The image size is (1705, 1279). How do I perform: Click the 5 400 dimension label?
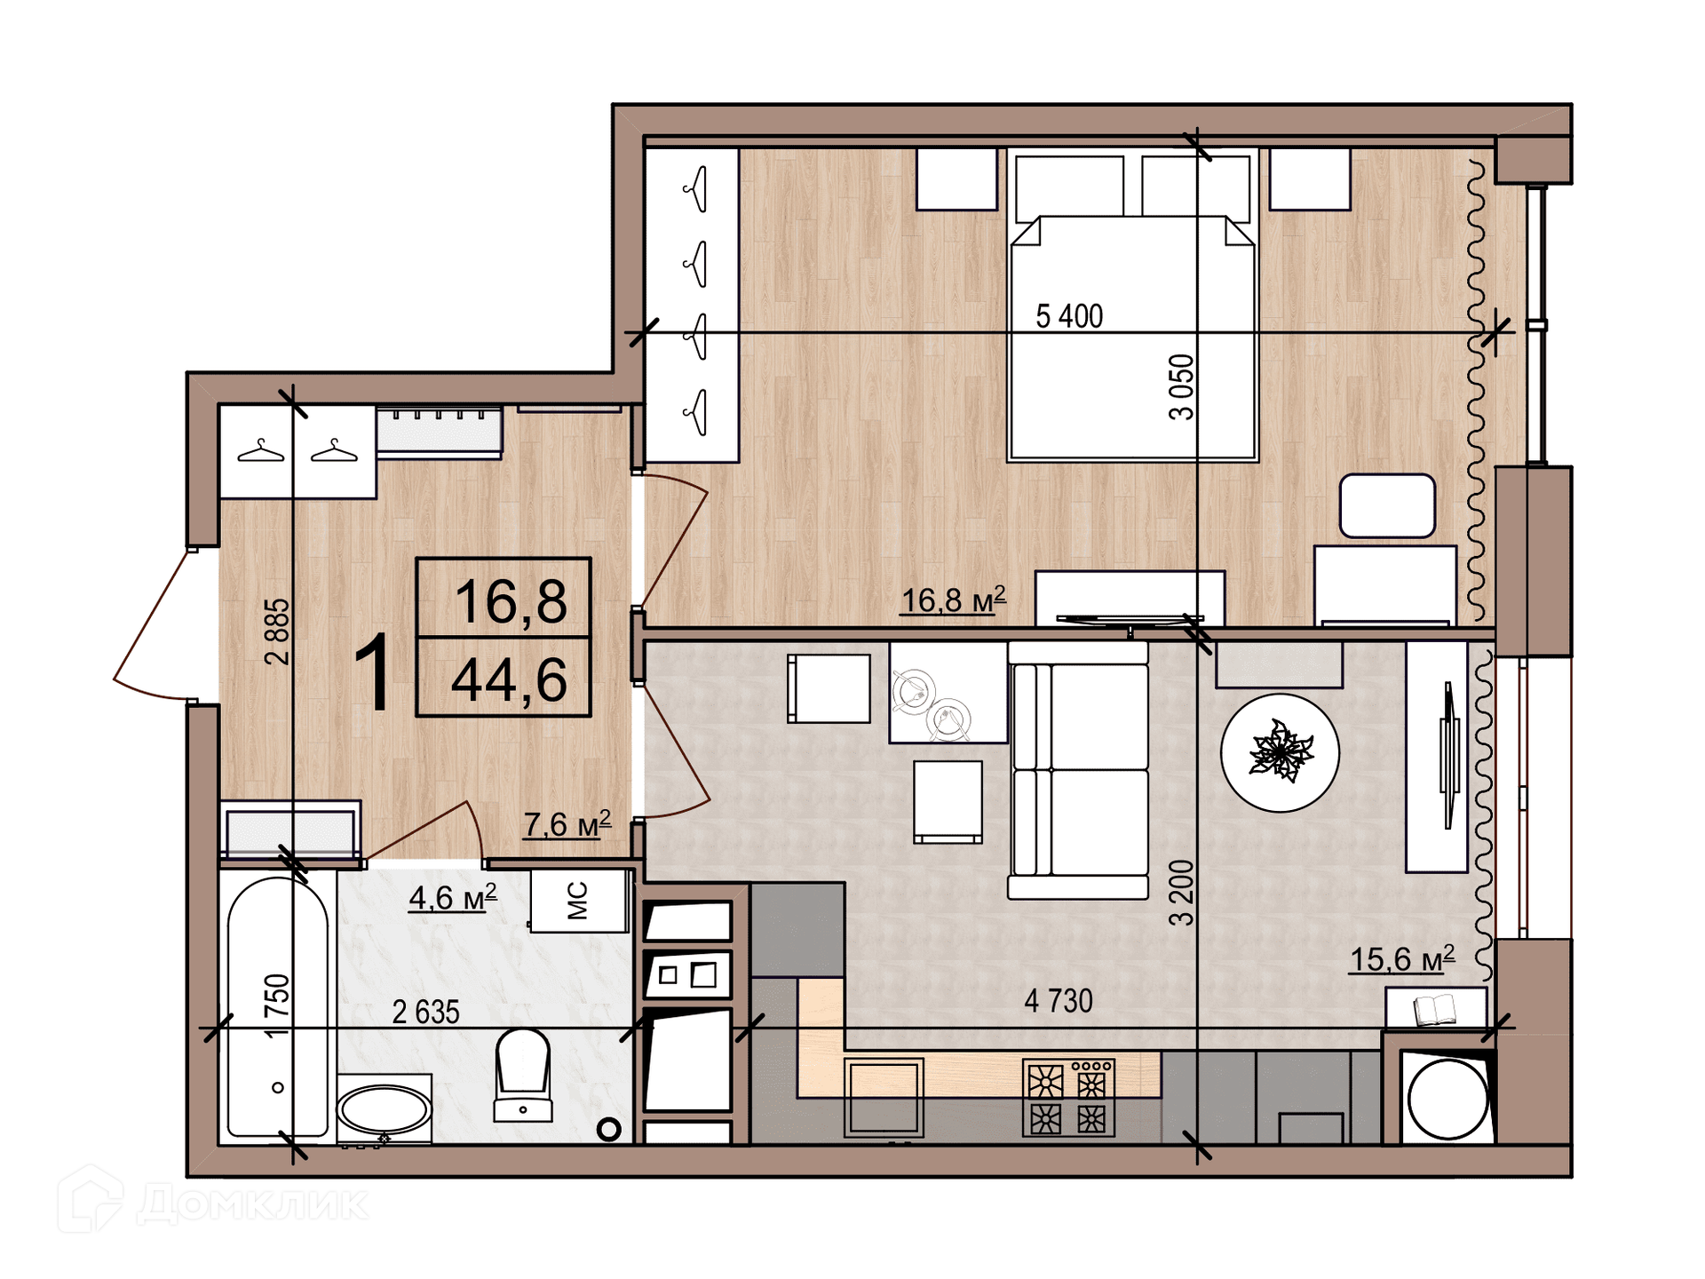coord(1069,315)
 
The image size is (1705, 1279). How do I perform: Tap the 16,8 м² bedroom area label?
coord(954,600)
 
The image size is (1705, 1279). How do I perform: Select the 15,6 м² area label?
coord(1402,958)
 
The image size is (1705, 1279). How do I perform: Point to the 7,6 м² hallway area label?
coord(567,823)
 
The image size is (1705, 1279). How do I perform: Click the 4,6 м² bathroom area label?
coord(452,897)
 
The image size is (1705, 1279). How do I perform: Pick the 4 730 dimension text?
coord(1058,1001)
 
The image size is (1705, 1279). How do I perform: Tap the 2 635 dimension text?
coord(425,1012)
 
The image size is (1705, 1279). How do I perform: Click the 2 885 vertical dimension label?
coord(277,632)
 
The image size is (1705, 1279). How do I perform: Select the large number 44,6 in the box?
coord(509,679)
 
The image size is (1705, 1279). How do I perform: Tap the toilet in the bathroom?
coord(523,1075)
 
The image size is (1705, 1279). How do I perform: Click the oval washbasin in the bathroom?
coord(385,1109)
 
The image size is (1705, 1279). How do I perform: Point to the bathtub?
coord(277,1007)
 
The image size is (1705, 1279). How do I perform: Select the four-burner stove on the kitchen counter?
coord(1069,1098)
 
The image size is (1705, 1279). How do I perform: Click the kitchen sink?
coord(884,1097)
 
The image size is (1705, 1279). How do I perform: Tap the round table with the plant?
coord(1280,751)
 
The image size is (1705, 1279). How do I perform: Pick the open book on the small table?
coord(1434,1009)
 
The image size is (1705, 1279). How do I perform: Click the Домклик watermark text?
coord(253,1204)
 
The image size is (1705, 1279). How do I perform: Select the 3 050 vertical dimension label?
coord(1181,386)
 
